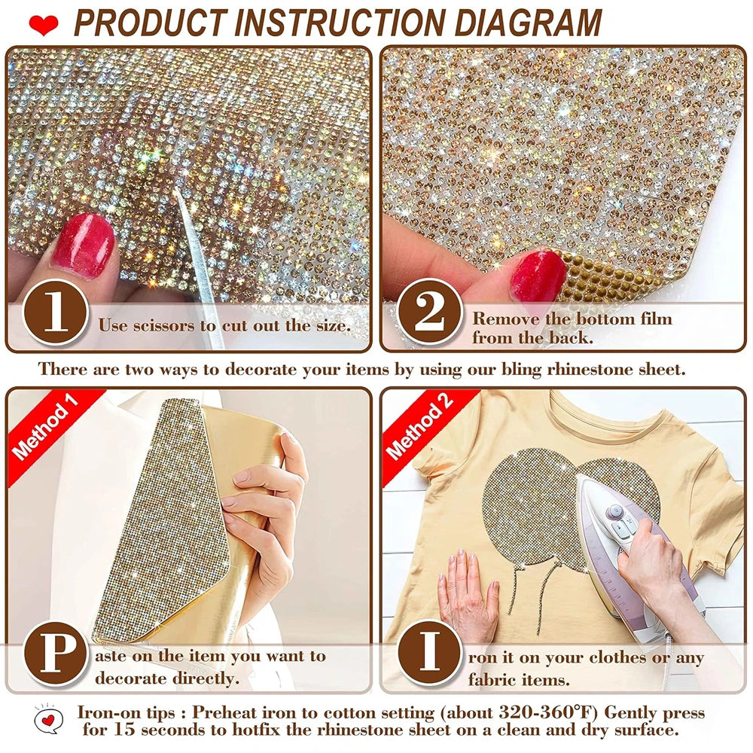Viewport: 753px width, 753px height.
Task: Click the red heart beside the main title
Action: point(43,25)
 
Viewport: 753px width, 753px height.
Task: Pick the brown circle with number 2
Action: point(430,312)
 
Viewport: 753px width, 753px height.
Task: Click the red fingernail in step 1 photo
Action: point(84,245)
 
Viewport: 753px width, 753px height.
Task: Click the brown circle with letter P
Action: point(56,654)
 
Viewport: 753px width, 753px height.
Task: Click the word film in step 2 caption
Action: point(656,319)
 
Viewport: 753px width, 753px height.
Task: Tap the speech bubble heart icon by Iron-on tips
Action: point(48,720)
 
